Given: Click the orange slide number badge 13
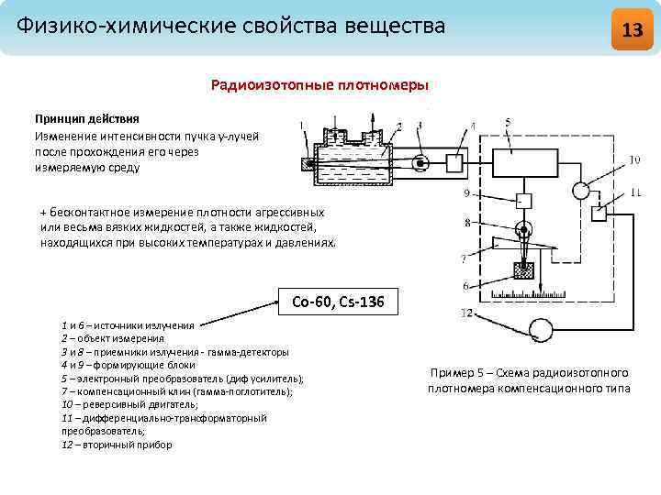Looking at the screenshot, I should coord(632,29).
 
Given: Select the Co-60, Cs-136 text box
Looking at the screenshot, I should coord(337,301).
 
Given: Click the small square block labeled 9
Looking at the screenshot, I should coord(523,200).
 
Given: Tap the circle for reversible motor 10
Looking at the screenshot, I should coord(580,191).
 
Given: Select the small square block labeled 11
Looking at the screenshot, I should coord(600,214).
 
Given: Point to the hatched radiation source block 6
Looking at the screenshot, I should coord(524,270).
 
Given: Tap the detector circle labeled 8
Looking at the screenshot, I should coord(523,228).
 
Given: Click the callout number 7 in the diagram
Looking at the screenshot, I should coord(464,258).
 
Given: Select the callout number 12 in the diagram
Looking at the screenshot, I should coord(467,314).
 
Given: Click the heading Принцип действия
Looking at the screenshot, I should coord(87,118).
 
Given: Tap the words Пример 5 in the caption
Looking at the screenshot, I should coord(450,373).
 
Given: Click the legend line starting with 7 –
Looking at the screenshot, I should coord(176,390).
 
